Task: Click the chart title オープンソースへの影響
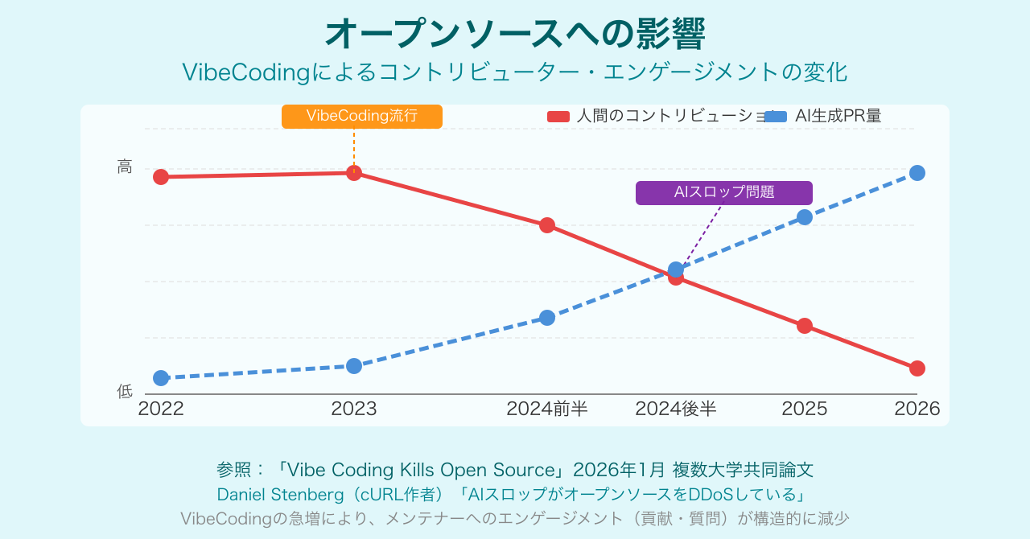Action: (515, 35)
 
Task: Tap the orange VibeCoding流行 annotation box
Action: (362, 116)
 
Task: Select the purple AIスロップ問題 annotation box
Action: (724, 193)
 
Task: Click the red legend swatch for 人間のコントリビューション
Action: (558, 117)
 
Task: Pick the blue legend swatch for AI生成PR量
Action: (775, 117)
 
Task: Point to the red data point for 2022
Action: (161, 177)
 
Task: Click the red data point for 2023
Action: (354, 173)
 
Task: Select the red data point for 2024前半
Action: (547, 225)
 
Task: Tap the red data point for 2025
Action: (805, 326)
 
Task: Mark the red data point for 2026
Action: (917, 368)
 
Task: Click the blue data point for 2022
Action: (161, 378)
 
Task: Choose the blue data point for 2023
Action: (354, 366)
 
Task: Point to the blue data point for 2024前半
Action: (547, 318)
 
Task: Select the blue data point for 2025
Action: (805, 217)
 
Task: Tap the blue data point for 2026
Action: (917, 173)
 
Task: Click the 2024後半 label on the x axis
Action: (676, 409)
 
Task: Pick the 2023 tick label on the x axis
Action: (354, 409)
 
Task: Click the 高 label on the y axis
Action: (125, 167)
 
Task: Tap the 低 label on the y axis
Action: (125, 392)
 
